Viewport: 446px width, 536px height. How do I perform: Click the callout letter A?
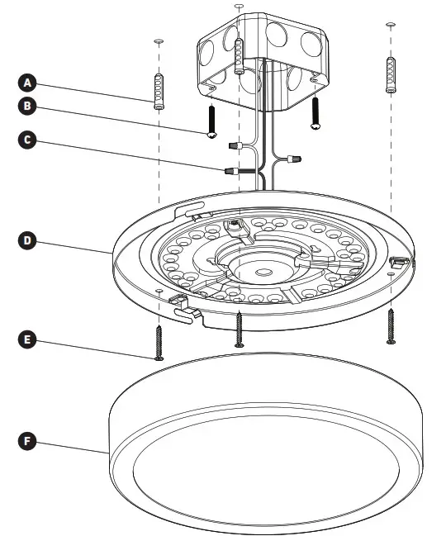(28, 82)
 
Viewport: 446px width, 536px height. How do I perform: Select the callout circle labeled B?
(28, 107)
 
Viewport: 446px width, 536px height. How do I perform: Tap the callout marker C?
(28, 140)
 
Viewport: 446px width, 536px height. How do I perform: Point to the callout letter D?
(28, 240)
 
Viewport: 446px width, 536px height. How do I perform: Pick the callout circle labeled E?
(28, 339)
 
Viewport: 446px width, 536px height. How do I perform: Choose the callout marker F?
(28, 441)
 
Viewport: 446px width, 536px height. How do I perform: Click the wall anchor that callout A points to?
(159, 89)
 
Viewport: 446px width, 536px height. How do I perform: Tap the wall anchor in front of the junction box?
(240, 57)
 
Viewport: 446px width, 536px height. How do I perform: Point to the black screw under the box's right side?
(315, 113)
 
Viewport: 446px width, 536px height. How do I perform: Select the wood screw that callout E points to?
(159, 341)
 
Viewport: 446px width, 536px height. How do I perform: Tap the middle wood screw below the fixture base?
(239, 329)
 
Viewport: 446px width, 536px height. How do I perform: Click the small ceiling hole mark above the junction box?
(240, 7)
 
